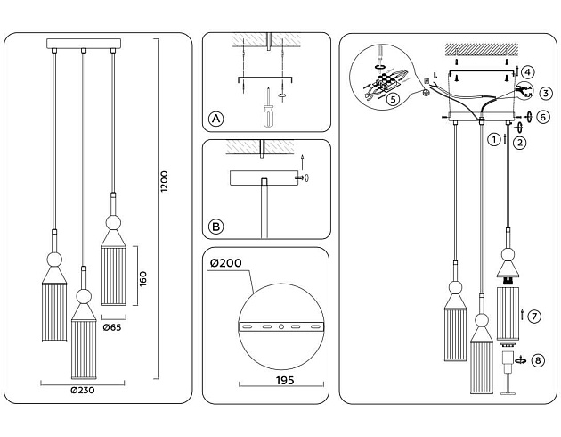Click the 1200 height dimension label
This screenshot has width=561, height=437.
click(164, 181)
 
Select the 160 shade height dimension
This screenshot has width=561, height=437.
click(143, 277)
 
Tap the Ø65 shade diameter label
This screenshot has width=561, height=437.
click(112, 327)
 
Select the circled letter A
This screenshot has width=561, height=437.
click(215, 119)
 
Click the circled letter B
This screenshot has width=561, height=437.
click(215, 227)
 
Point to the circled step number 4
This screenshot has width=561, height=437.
click(528, 71)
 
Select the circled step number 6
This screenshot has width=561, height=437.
click(543, 117)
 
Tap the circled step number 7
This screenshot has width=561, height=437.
click(534, 316)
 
